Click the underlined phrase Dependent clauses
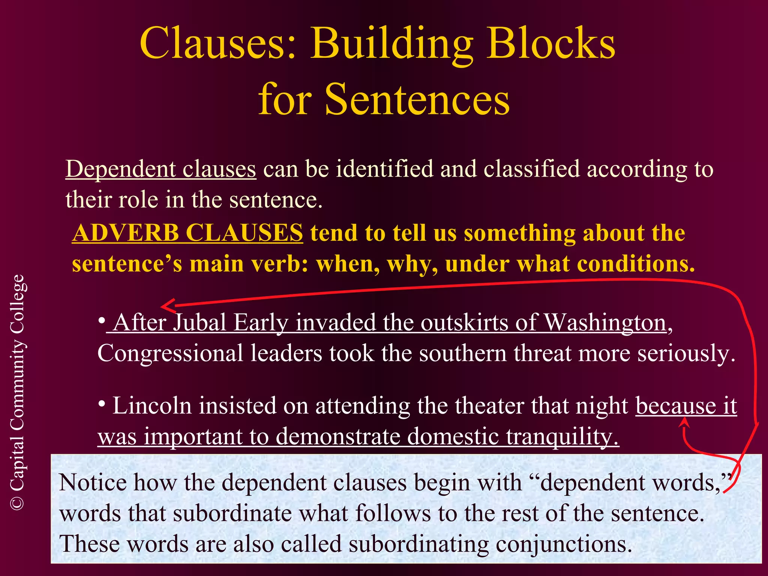point(161,169)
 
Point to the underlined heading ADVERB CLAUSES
point(187,233)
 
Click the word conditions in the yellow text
point(636,264)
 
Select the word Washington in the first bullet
point(605,322)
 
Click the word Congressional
point(170,354)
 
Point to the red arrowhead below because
point(685,422)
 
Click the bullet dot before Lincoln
point(102,403)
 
